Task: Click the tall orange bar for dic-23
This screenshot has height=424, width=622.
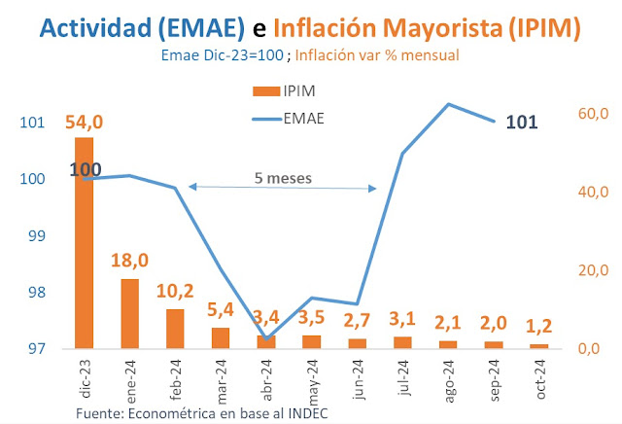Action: click(85, 243)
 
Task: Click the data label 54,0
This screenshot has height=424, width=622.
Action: click(85, 123)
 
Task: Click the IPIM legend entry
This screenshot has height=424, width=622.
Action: click(298, 91)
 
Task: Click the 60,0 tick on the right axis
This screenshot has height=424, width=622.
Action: click(592, 113)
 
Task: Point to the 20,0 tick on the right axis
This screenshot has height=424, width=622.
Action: click(592, 270)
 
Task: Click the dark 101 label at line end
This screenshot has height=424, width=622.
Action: click(522, 123)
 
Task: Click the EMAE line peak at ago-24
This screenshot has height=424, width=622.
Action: click(448, 103)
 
